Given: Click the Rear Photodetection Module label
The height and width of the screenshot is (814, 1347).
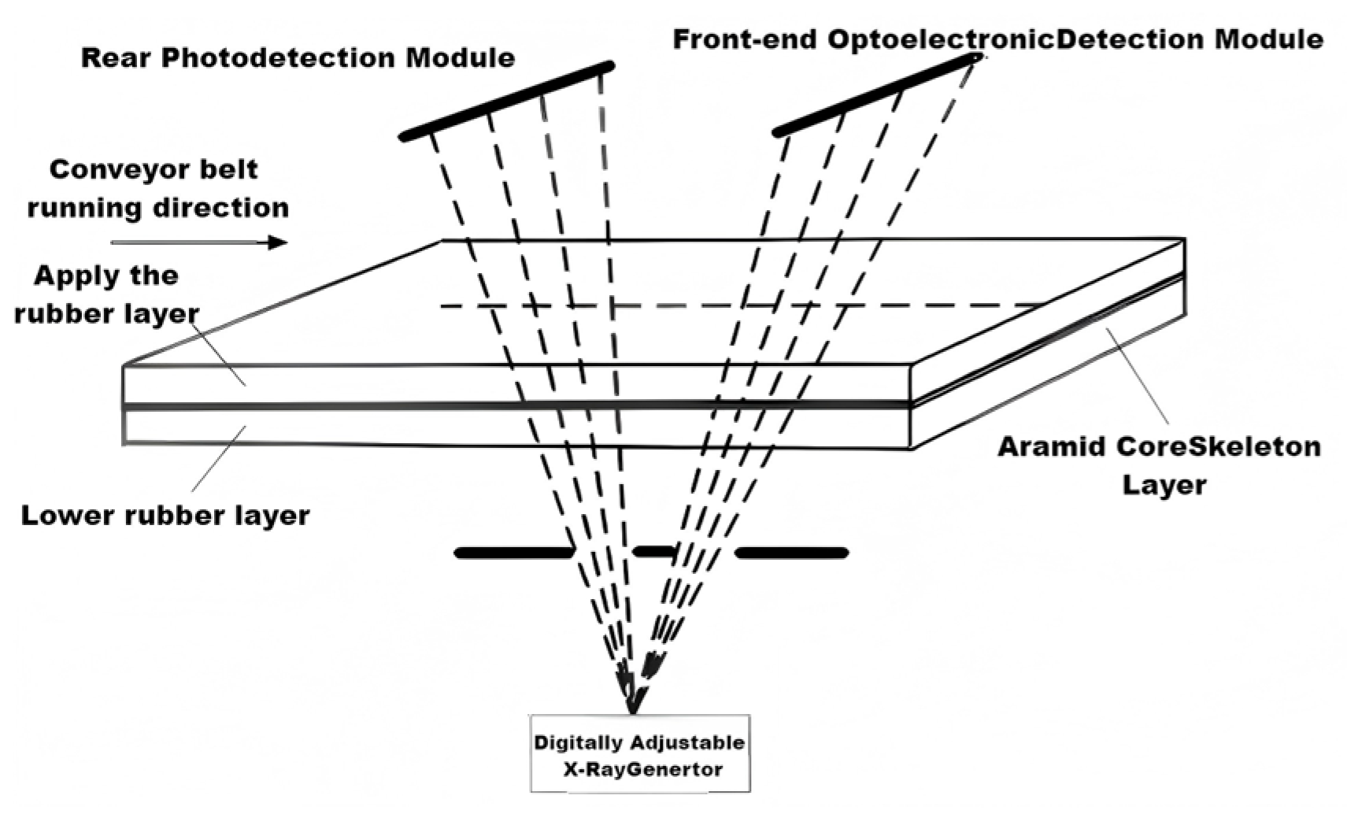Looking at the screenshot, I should (x=298, y=57).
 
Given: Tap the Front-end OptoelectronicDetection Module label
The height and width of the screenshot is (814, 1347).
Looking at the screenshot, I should (x=997, y=39).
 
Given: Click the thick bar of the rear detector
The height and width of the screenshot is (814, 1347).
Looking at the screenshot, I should (x=508, y=101).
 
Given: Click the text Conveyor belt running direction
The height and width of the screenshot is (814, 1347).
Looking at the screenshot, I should (x=157, y=189).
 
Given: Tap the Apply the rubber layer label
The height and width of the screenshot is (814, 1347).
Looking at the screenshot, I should (x=106, y=294).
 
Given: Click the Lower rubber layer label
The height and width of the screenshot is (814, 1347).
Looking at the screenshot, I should (x=165, y=516).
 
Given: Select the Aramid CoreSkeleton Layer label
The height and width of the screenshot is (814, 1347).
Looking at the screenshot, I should (x=1159, y=464).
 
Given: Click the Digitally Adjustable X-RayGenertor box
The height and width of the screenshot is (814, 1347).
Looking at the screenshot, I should (x=639, y=754).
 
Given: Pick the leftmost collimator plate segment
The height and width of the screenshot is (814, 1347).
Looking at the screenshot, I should (x=514, y=553).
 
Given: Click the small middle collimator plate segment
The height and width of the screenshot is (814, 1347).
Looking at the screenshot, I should (x=655, y=551).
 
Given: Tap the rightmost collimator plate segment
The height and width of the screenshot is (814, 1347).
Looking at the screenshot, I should (x=792, y=553).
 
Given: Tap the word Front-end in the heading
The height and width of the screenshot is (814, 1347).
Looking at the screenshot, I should (x=744, y=39).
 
